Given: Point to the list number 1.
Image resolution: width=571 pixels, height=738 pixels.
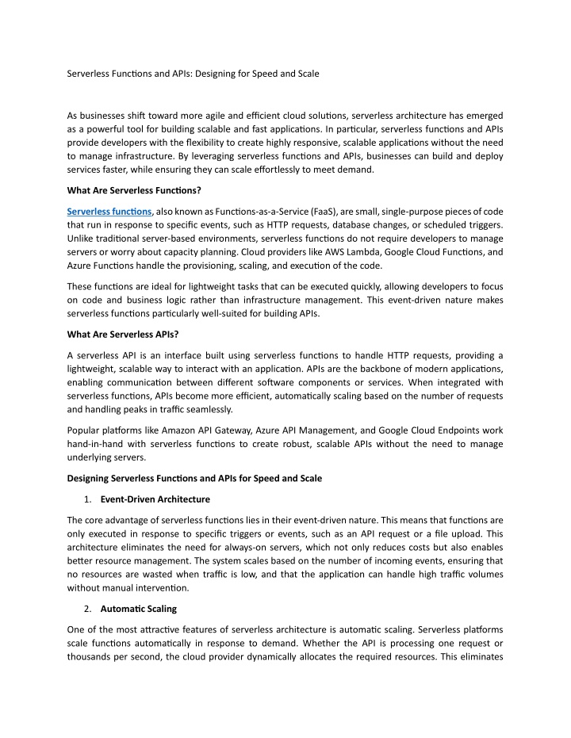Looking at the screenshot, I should [86, 499].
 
